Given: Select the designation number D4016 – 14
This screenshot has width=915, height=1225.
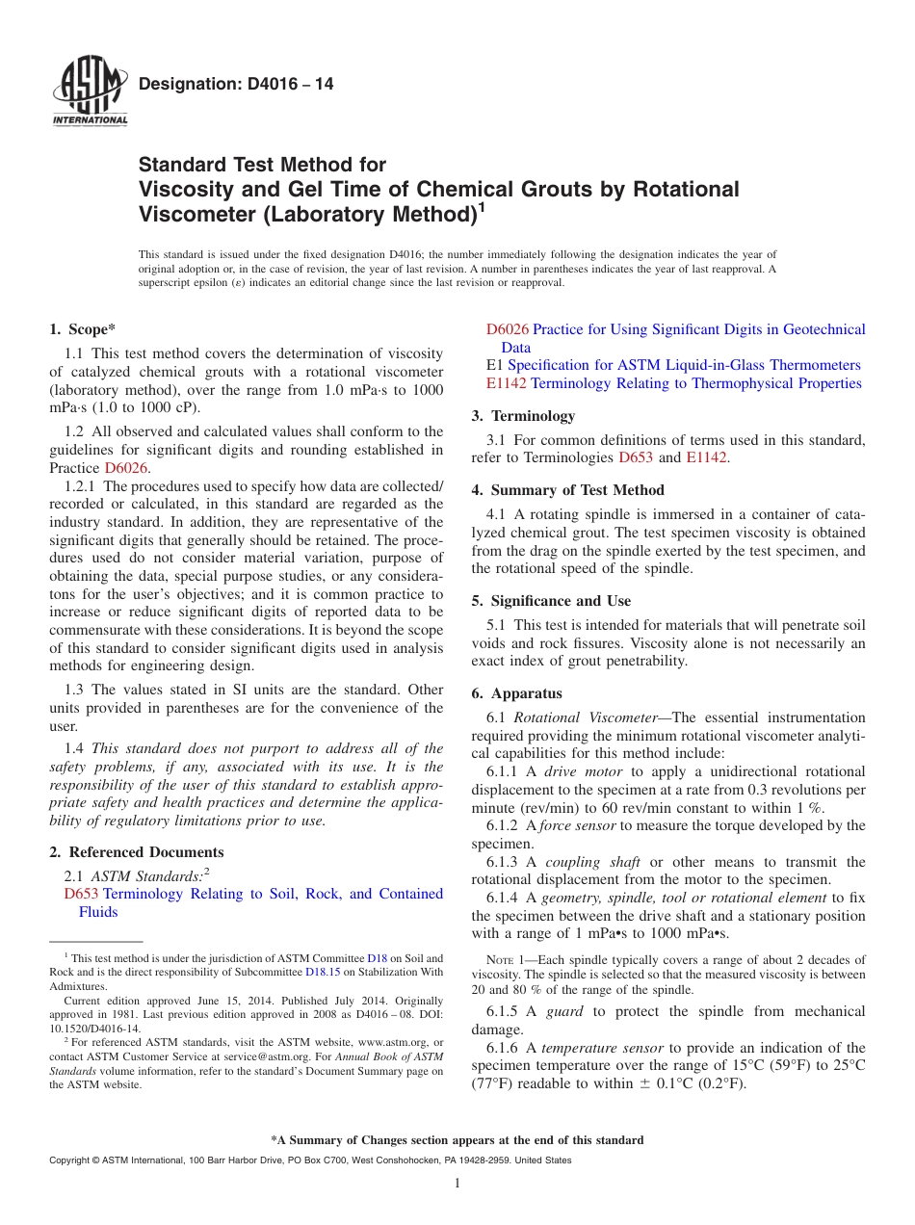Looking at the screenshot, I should pyautogui.click(x=236, y=84).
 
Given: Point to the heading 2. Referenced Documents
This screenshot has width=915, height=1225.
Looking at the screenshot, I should pyautogui.click(x=137, y=852).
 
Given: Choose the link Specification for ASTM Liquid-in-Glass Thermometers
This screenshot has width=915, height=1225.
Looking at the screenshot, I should pyautogui.click(x=684, y=365).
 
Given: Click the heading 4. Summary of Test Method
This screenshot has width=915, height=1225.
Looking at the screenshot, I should pyautogui.click(x=567, y=490).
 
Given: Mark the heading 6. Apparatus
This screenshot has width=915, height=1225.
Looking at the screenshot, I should pyautogui.click(x=517, y=693).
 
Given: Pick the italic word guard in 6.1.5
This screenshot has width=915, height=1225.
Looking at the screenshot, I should pyautogui.click(x=564, y=1011).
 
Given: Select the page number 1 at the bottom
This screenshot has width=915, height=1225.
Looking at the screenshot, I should pyautogui.click(x=457, y=1184).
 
